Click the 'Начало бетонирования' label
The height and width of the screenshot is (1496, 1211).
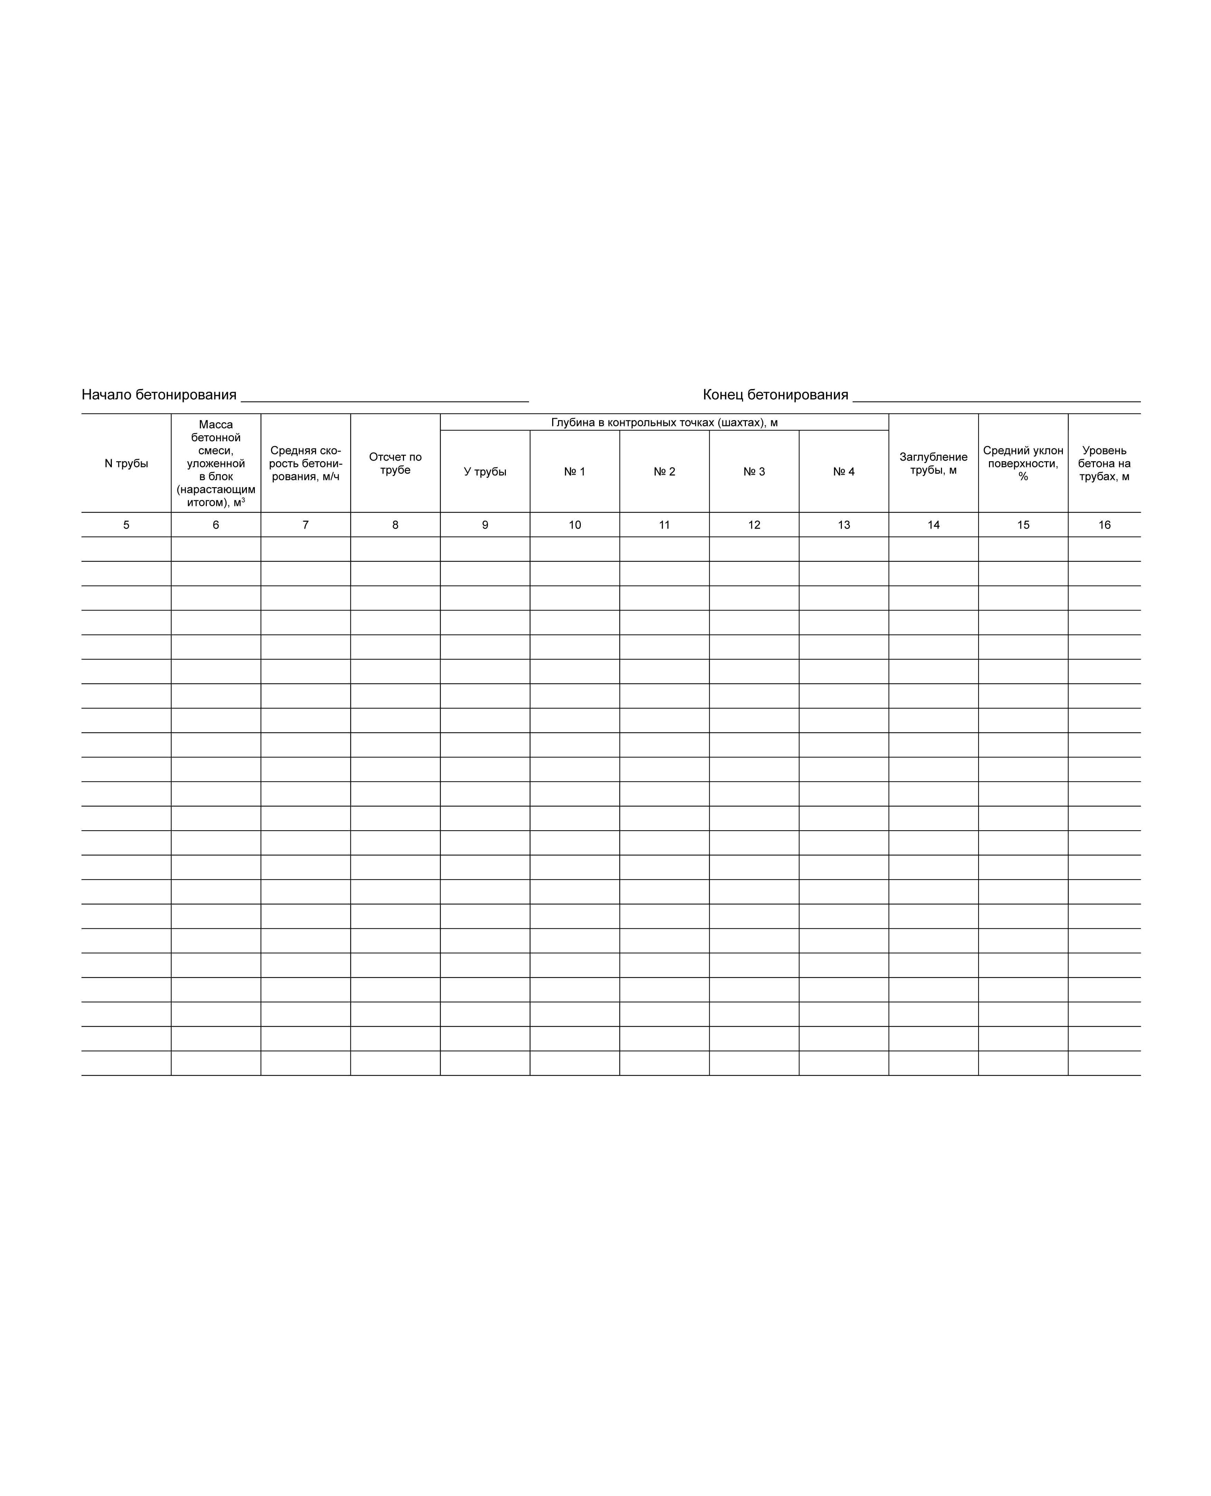click(x=159, y=395)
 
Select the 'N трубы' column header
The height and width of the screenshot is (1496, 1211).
click(x=126, y=463)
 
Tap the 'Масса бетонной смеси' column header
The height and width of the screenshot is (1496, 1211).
click(x=215, y=463)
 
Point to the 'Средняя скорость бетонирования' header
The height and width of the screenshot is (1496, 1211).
click(x=306, y=463)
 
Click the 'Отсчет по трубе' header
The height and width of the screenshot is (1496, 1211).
click(x=395, y=463)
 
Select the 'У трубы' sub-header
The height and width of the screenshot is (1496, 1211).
click(x=485, y=472)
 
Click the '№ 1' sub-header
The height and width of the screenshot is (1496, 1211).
click(x=575, y=472)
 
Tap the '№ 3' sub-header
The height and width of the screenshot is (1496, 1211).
click(x=754, y=472)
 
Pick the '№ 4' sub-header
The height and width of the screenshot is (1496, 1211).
click(x=843, y=472)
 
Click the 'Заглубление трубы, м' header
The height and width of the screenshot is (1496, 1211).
click(x=933, y=463)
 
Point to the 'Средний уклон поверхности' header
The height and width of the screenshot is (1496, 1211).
click(x=1023, y=463)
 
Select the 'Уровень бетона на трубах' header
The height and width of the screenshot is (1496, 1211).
click(x=1104, y=463)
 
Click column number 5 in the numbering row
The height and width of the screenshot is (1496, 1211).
click(x=126, y=525)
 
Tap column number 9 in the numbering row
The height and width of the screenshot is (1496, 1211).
click(x=485, y=525)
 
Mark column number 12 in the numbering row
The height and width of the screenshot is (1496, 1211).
click(x=754, y=525)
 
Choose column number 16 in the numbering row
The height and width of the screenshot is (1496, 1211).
click(x=1104, y=525)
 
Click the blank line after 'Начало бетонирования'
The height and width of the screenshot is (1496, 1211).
click(x=384, y=398)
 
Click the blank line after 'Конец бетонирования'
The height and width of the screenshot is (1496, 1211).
click(x=996, y=398)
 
